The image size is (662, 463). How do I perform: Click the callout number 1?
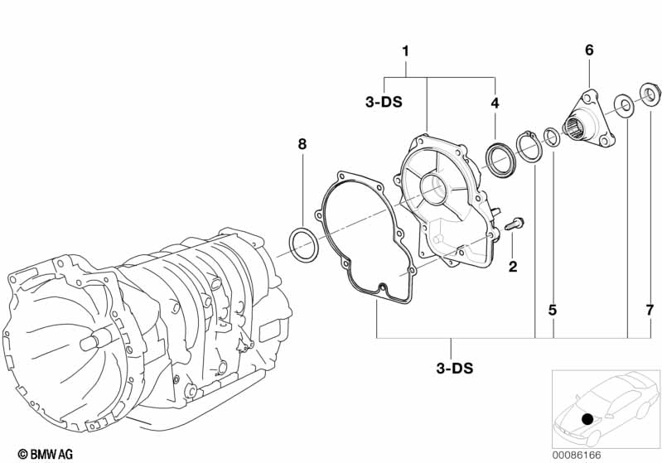point(405,51)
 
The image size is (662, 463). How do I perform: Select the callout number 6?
point(589,51)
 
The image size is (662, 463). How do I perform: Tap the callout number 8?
point(302,144)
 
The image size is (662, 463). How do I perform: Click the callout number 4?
point(495,104)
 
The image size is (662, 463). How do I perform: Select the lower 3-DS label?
point(452,367)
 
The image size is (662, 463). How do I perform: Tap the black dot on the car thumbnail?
point(587,419)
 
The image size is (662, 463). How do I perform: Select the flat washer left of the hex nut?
point(621,104)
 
